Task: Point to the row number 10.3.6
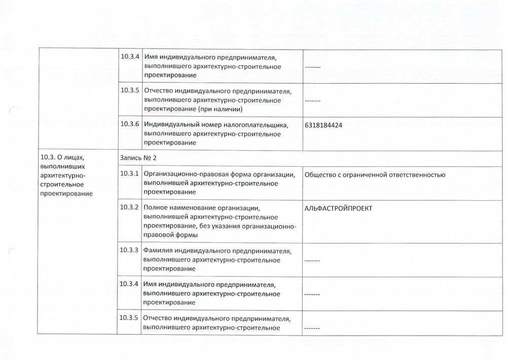(x=130, y=125)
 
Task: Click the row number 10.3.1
(x=130, y=174)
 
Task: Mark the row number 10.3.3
(x=130, y=250)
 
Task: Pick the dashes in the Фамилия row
(x=312, y=261)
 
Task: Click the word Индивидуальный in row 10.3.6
(x=171, y=125)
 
